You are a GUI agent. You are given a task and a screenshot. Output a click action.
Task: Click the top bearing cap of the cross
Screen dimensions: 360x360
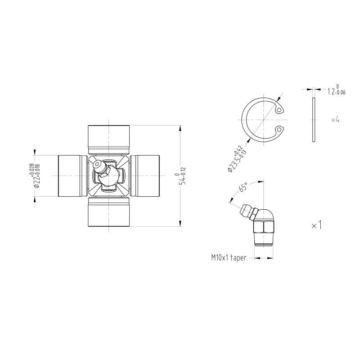tap(108, 139)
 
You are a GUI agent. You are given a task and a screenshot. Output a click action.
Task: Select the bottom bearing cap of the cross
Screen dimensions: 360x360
tap(108, 212)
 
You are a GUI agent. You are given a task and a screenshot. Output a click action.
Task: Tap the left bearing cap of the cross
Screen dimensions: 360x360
tap(72, 176)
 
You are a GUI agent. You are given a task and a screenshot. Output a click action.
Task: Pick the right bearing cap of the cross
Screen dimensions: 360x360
tap(144, 176)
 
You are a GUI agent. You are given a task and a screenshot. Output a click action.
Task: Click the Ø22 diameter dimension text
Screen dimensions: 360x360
tap(37, 175)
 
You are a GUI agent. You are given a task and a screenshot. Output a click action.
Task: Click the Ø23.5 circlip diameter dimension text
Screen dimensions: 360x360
tap(237, 159)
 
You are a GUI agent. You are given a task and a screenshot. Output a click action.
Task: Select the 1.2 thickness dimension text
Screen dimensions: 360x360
tap(336, 90)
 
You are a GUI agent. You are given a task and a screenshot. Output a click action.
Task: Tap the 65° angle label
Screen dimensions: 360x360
tap(243, 187)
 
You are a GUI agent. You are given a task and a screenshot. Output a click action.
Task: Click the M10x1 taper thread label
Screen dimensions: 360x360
tap(229, 257)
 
